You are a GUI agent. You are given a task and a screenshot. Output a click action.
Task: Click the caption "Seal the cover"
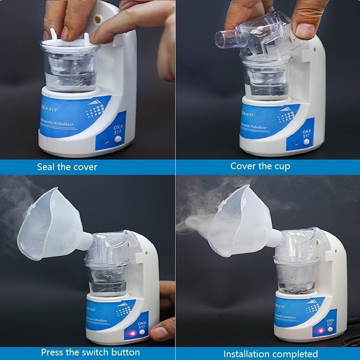67,167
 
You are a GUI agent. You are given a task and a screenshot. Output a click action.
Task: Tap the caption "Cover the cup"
260,166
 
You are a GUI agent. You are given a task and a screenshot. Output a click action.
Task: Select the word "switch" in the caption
91,352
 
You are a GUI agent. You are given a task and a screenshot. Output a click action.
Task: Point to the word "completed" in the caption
294,354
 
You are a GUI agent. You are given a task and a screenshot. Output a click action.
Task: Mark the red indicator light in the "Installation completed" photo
320,331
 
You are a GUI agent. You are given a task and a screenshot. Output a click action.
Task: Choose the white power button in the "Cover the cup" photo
307,142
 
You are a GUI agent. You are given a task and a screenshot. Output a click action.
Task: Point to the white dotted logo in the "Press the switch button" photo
122,310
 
